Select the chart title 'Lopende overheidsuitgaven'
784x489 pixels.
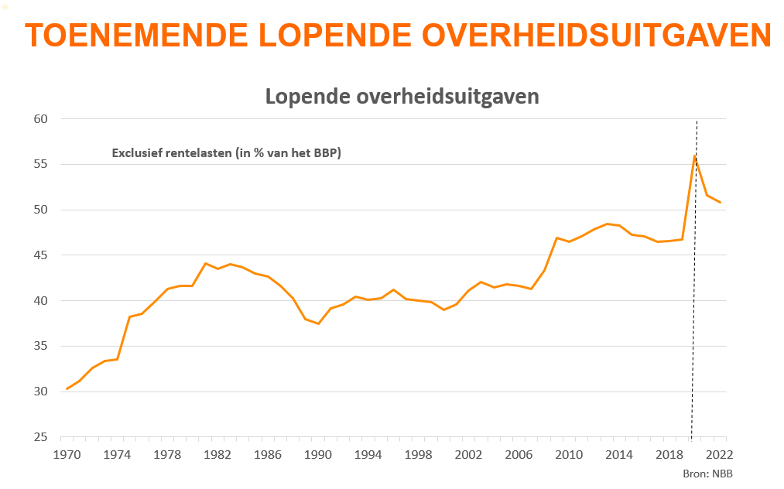(x=402, y=97)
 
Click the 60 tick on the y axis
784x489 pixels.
(x=41, y=119)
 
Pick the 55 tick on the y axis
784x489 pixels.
(x=41, y=164)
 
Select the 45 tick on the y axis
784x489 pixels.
(x=41, y=255)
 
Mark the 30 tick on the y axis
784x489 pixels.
(x=41, y=392)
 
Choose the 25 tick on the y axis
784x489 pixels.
(x=41, y=437)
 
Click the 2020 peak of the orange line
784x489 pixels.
(x=695, y=156)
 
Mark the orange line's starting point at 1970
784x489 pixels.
(x=67, y=388)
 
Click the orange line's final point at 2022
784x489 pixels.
(x=720, y=203)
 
